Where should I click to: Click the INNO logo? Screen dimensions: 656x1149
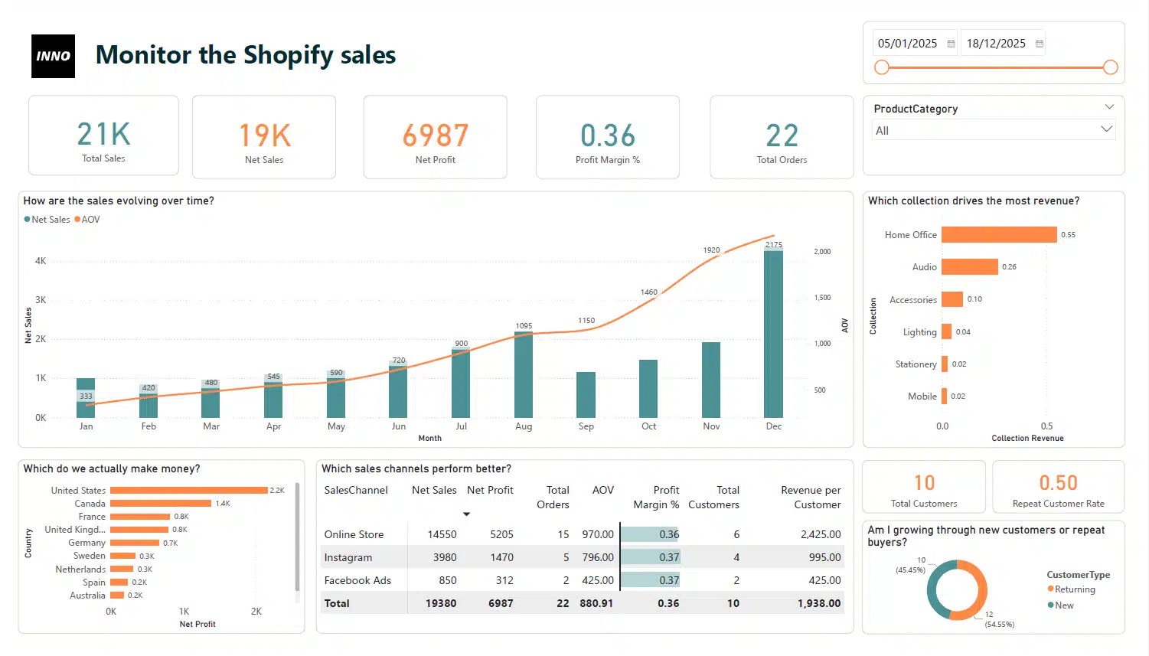point(53,56)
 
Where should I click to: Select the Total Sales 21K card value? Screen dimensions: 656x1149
point(104,135)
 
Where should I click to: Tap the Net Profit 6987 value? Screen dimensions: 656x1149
point(435,135)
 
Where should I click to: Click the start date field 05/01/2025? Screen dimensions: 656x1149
point(908,44)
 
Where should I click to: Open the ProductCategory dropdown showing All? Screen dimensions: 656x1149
point(994,130)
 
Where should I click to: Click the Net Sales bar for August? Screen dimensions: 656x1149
point(524,375)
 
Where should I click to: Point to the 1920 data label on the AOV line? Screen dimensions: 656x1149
point(711,250)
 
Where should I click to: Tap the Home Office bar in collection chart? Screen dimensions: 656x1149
point(998,235)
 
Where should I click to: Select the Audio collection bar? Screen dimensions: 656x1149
point(969,267)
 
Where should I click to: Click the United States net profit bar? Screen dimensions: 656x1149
point(188,491)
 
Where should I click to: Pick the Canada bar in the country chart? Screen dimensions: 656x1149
point(160,504)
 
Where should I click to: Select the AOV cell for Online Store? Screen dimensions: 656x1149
point(597,534)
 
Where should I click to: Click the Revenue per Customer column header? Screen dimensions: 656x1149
point(810,497)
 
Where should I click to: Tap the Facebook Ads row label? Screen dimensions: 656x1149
point(357,580)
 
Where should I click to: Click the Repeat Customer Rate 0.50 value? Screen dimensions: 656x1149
point(1058,483)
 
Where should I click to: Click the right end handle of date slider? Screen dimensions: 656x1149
point(1110,67)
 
